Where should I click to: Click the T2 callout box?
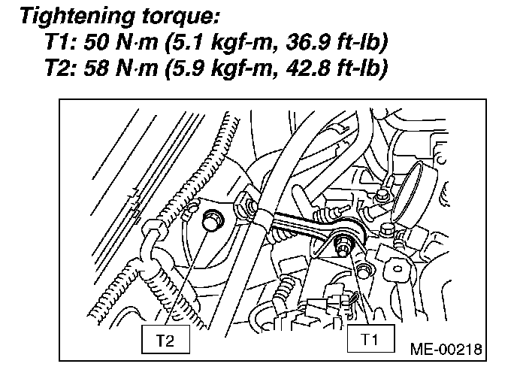point(165,341)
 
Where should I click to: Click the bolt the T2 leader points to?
point(213,220)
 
